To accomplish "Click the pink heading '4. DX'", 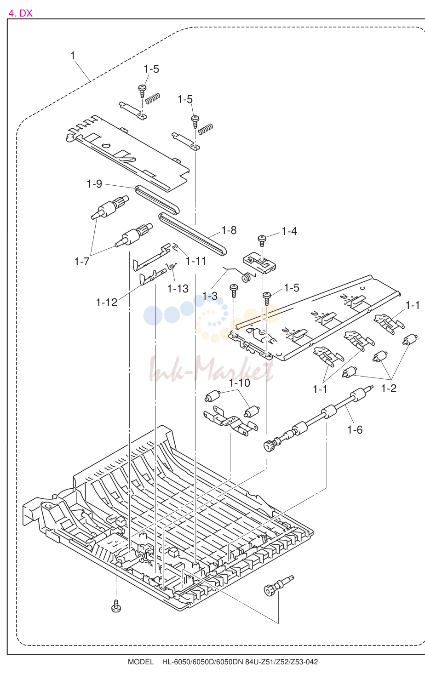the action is [20, 13].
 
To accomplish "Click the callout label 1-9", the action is [94, 184].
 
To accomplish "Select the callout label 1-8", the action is [229, 230].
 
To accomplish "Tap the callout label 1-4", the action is [289, 231].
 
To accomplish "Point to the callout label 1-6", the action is [355, 430].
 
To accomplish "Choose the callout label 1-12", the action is [107, 303].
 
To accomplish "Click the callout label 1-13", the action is [178, 289].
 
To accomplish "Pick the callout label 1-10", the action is [240, 383].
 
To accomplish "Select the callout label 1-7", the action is [82, 262].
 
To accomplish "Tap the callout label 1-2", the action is [389, 388].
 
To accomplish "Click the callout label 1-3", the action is [210, 296].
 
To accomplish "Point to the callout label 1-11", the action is [196, 261].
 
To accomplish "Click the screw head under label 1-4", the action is [262, 239].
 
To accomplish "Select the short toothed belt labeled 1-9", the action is [157, 200].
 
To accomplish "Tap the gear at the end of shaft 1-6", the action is [268, 446].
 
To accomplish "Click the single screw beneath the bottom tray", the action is [116, 605].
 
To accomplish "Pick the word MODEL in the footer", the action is [141, 662].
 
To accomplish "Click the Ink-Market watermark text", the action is [211, 369].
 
